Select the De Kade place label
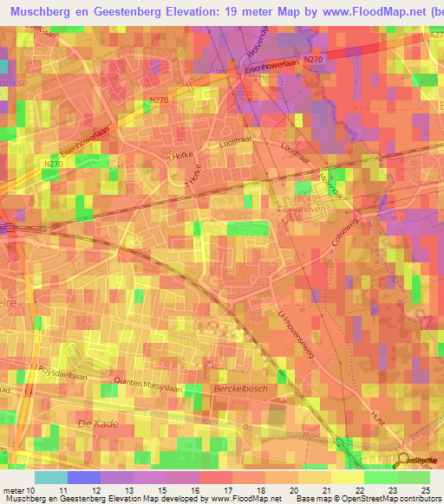click(x=97, y=423)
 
